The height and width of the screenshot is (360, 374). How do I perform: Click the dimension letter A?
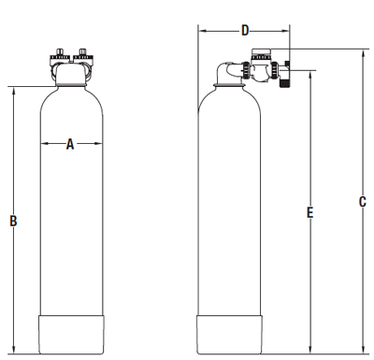[70, 144]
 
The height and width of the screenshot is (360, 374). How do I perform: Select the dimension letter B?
[13, 222]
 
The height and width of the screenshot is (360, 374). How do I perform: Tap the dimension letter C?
[362, 201]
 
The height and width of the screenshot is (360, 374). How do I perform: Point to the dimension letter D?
[245, 30]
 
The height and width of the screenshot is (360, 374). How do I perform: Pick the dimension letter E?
[309, 213]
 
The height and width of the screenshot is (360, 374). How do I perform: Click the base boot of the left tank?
[71, 332]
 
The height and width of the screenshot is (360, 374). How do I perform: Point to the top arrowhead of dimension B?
[13, 91]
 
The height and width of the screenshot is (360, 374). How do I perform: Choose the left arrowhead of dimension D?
[201, 30]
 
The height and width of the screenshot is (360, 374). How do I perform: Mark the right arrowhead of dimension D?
[287, 30]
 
